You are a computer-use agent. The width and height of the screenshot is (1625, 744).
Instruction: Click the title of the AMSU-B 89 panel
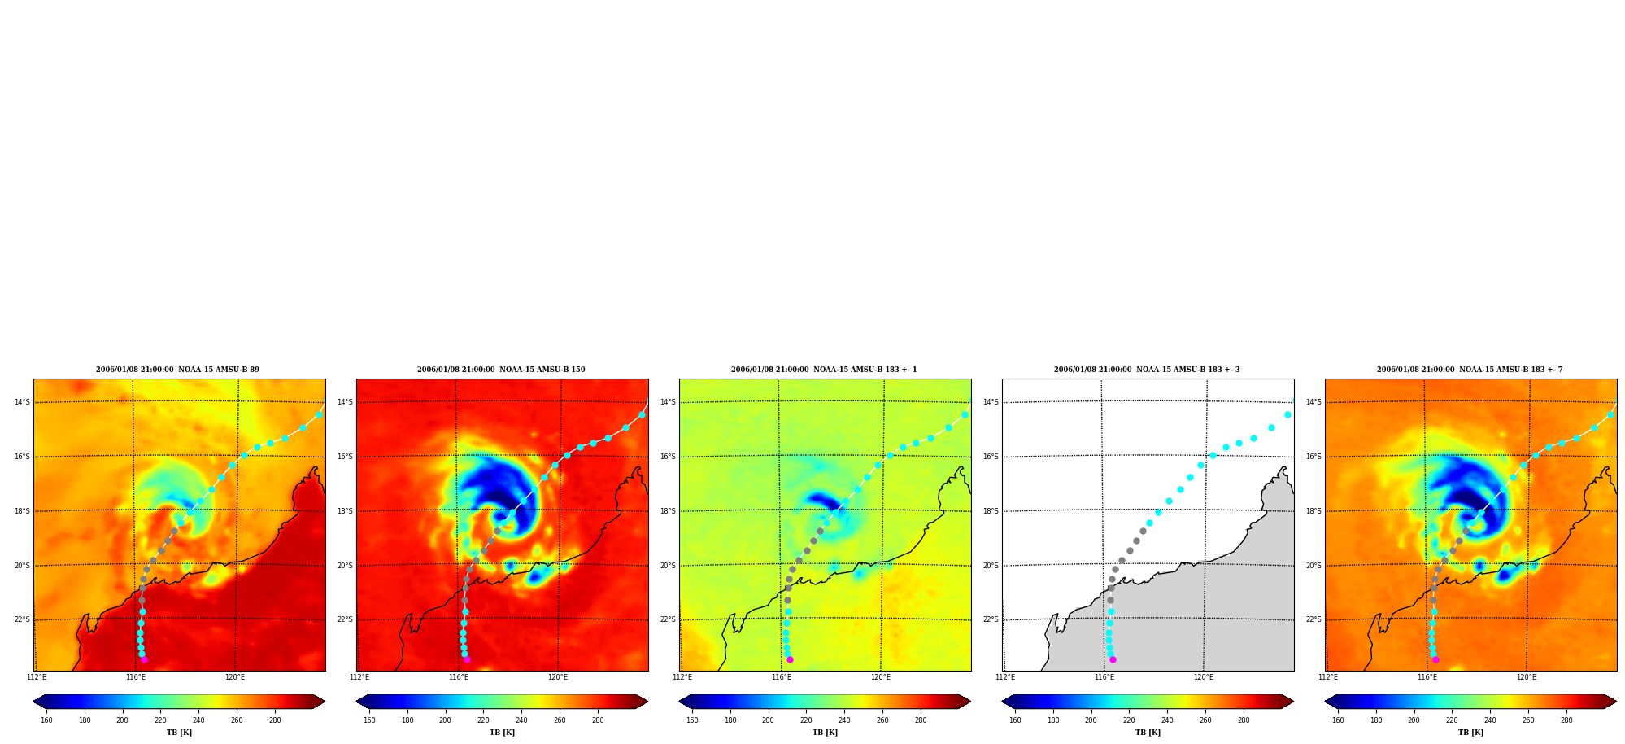pos(177,370)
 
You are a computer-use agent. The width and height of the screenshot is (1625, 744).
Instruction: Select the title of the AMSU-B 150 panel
pos(501,370)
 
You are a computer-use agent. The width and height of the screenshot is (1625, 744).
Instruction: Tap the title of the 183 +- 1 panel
pos(824,370)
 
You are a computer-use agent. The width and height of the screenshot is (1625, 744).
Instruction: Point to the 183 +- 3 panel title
pos(1147,370)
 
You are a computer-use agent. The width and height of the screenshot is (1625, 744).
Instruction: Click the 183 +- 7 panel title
pos(1470,370)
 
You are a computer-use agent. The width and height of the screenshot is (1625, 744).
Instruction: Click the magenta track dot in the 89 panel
pos(144,659)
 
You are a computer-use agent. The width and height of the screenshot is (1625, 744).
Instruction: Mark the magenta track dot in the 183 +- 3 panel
pos(1113,659)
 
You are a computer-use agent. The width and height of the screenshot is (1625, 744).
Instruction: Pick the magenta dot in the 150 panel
pos(467,659)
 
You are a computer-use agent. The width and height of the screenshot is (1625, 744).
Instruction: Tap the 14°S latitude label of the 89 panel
pos(22,402)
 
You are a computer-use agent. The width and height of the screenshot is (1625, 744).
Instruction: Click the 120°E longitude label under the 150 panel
pos(558,677)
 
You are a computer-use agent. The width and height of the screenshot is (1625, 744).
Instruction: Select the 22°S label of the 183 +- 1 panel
pos(668,619)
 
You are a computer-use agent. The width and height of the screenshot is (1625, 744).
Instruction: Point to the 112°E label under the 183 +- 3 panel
pos(1005,677)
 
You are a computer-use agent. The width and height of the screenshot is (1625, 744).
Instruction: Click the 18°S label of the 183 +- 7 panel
pos(1314,511)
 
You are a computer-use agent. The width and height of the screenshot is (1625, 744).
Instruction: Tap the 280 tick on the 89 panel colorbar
pos(275,720)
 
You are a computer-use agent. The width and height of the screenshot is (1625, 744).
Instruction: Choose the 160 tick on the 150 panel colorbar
pos(369,720)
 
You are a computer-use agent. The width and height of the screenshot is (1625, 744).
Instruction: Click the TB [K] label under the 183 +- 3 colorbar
pos(1148,733)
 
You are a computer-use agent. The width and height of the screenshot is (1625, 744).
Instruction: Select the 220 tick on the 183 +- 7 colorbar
pos(1452,720)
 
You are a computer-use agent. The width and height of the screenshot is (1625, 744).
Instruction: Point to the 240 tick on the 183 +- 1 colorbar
pos(844,720)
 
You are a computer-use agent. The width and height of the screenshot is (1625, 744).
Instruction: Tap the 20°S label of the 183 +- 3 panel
pos(991,566)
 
